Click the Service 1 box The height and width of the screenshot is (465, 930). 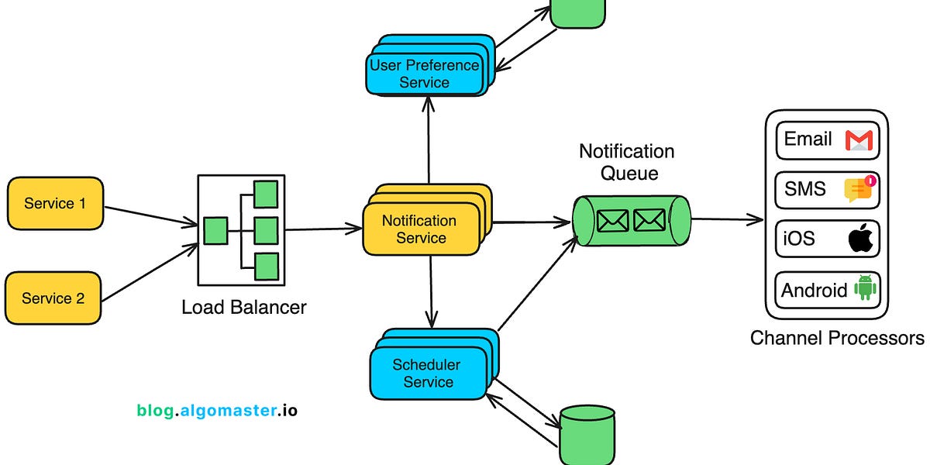55,203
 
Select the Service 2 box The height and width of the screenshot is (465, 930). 53,298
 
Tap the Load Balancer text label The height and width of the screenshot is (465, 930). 244,307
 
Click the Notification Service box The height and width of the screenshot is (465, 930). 420,229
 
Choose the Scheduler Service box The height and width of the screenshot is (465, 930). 426,373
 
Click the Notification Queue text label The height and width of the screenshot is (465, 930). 627,161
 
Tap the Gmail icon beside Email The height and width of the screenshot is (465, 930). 859,140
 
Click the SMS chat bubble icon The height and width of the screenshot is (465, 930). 859,189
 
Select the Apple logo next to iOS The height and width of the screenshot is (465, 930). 860,239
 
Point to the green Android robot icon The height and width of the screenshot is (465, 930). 864,288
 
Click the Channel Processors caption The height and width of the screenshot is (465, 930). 837,338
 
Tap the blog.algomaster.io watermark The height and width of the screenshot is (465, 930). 217,410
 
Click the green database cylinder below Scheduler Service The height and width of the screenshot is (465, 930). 587,436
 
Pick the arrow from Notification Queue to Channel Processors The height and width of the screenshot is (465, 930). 727,220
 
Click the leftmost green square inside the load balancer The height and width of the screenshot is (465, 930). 215,230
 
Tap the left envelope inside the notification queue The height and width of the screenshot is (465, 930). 613,221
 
